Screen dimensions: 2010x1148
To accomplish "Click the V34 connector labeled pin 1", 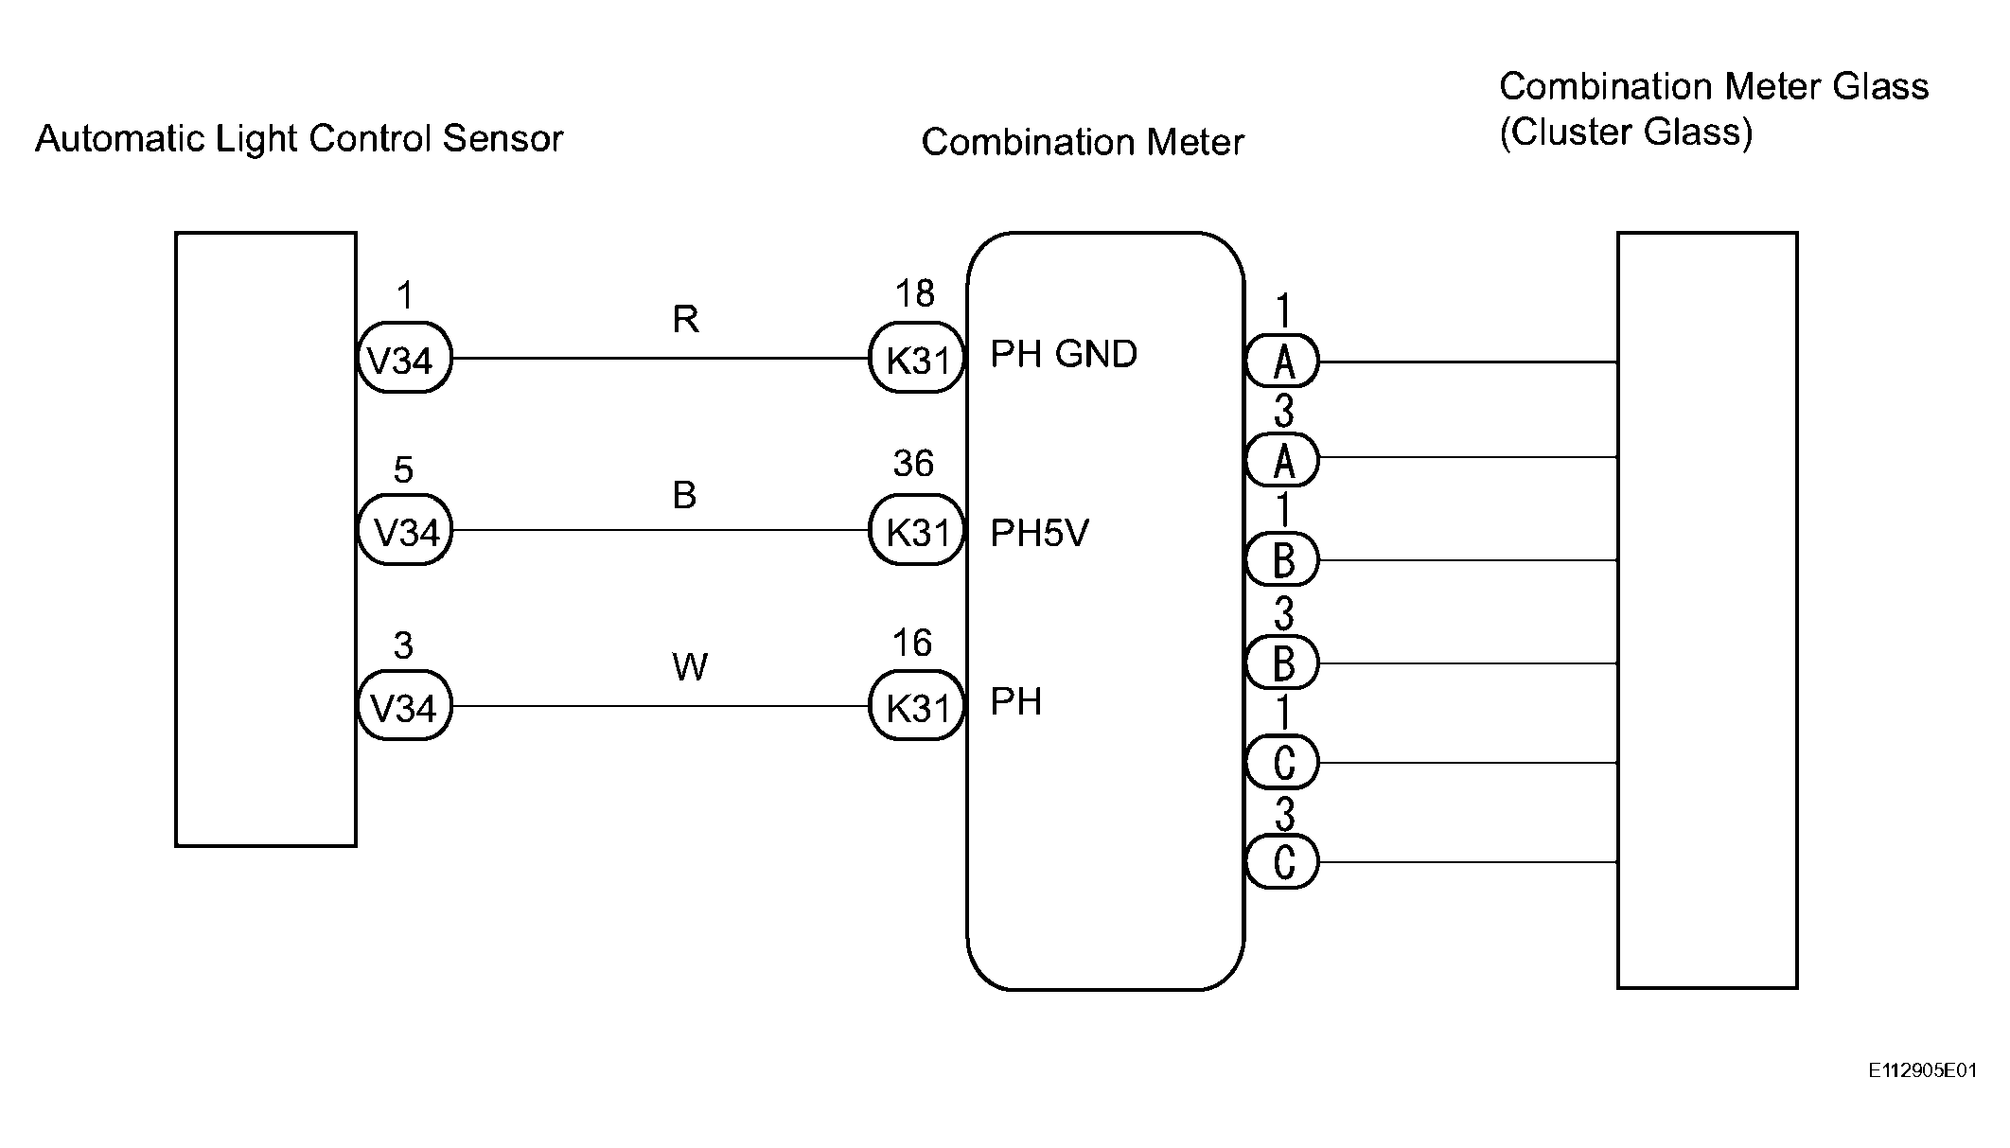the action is [404, 358].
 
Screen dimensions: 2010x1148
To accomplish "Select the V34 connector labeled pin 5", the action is [404, 530].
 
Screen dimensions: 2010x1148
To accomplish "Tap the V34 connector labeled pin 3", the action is [404, 706].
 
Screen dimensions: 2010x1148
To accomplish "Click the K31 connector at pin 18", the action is [916, 358].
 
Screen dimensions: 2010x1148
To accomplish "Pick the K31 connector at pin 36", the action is [916, 530].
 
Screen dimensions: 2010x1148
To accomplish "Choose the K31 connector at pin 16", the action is [916, 706].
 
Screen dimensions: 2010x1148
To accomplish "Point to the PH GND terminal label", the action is [1064, 354].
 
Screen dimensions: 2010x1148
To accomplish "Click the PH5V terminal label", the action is [1039, 534].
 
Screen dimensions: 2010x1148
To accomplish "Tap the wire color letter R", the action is [685, 320].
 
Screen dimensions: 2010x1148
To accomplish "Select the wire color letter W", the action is [690, 668].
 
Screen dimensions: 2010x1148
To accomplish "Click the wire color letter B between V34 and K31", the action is [684, 495].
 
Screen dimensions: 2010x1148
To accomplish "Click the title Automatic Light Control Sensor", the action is [299, 139].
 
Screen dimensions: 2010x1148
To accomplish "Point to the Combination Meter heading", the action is [1083, 142].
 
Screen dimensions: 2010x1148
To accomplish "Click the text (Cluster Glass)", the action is [1626, 132].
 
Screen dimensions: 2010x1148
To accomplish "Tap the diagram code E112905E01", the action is [1923, 1070].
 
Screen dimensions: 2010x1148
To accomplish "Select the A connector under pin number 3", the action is [1282, 460].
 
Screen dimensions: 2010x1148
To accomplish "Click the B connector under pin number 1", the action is [1282, 559].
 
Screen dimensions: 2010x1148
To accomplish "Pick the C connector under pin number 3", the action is [1282, 861].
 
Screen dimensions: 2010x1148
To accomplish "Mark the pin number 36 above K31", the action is [913, 464].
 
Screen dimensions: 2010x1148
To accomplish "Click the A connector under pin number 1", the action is [1282, 361].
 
